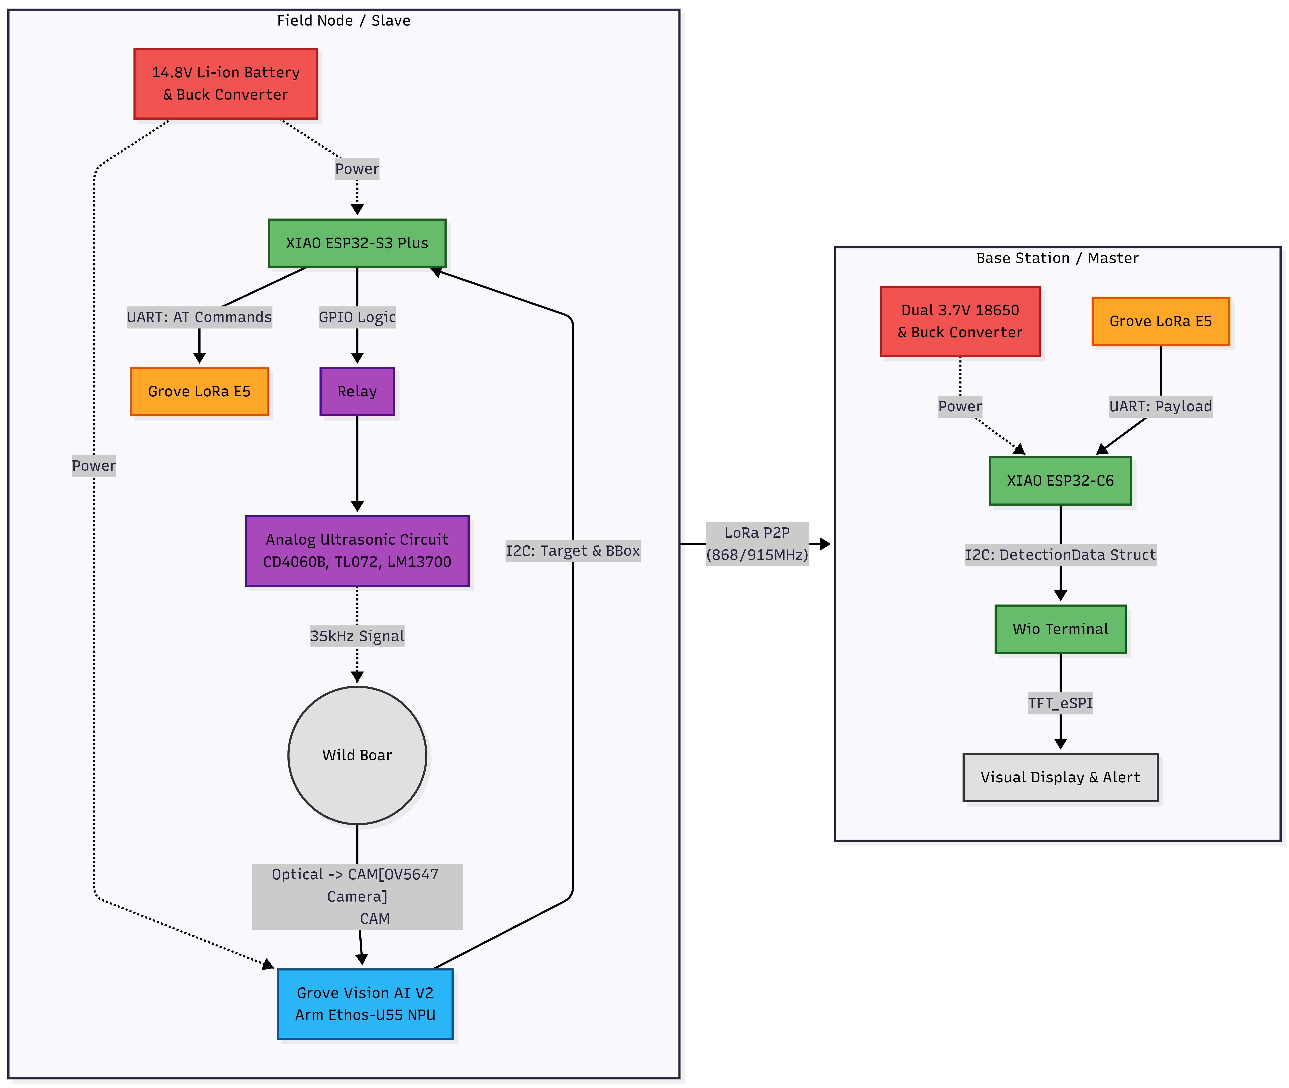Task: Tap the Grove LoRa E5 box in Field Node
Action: tap(199, 392)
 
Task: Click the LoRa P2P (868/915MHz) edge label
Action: tap(757, 543)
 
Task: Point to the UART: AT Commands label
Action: tap(199, 317)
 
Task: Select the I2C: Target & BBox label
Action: tap(573, 551)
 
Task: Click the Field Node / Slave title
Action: tap(344, 20)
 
